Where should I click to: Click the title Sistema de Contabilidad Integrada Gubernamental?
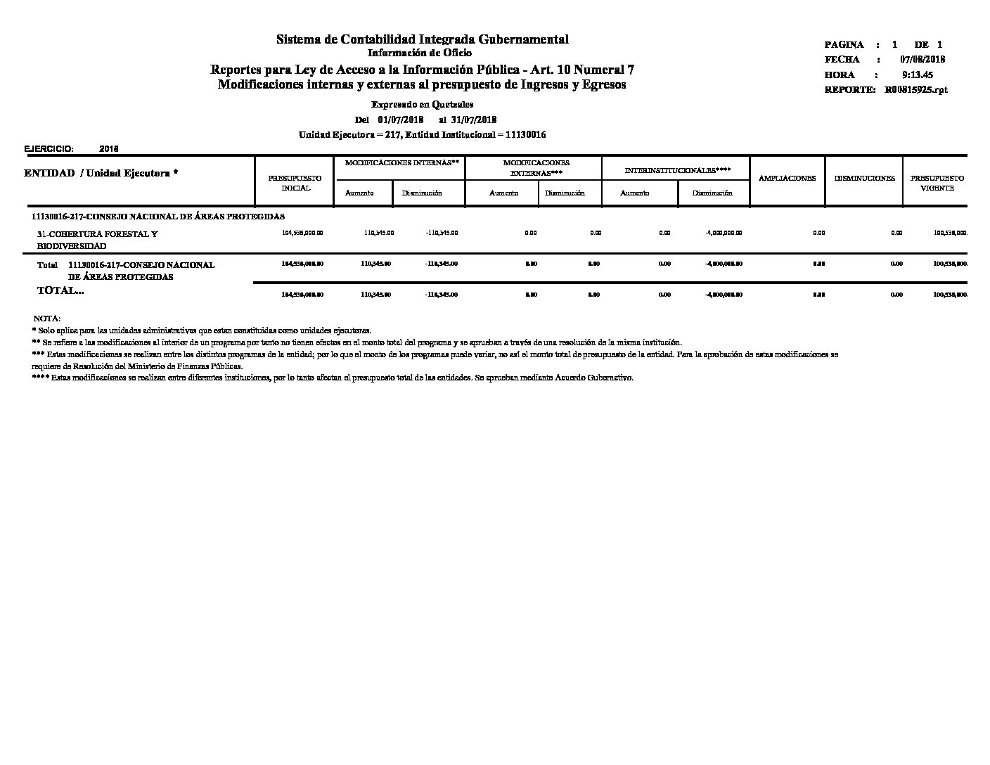422,39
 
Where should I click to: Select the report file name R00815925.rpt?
916,90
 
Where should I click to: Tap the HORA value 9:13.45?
917,75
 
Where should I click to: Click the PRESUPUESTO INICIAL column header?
295,183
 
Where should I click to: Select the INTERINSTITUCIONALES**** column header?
677,170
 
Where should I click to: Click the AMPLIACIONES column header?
787,178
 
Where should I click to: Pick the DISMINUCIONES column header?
864,178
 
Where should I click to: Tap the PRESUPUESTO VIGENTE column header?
937,183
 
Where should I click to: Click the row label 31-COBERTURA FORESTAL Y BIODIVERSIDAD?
97,240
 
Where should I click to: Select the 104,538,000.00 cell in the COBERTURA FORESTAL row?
302,233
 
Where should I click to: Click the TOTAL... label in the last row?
60,290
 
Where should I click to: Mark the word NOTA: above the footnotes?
47,319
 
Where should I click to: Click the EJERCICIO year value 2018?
109,149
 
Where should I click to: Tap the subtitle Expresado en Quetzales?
422,105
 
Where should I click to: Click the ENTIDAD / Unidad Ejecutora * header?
101,173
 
